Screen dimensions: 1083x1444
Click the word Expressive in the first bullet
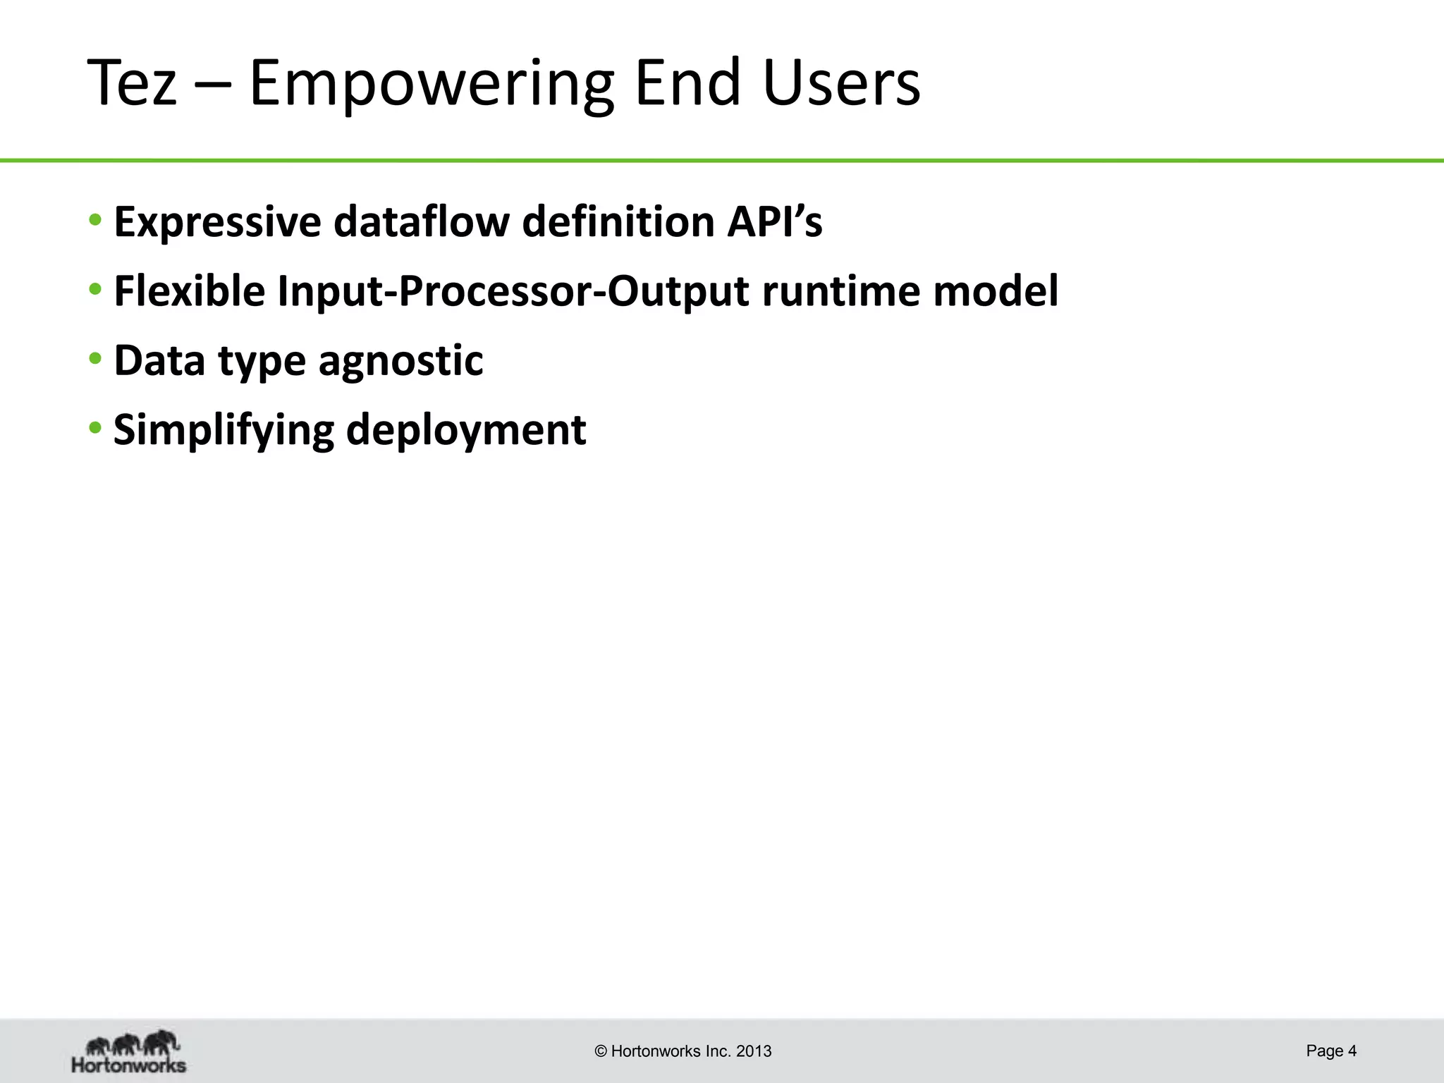pyautogui.click(x=218, y=222)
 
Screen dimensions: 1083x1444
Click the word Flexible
pyautogui.click(x=189, y=291)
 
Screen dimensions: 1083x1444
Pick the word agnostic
pyautogui.click(x=400, y=362)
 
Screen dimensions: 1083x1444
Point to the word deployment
pyautogui.click(x=466, y=431)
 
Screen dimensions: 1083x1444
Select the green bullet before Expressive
pyautogui.click(x=95, y=220)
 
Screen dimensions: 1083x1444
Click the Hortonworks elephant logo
pyautogui.click(x=129, y=1051)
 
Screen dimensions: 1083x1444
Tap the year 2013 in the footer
pyautogui.click(x=754, y=1051)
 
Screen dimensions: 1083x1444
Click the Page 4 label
pyautogui.click(x=1330, y=1051)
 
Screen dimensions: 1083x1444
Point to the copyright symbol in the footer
pyautogui.click(x=601, y=1051)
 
